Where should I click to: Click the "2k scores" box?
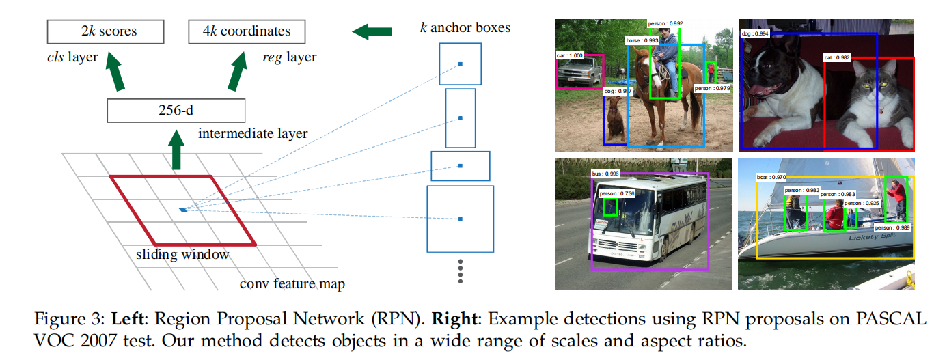point(105,31)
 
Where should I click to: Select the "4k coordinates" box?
point(247,31)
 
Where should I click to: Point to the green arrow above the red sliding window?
point(176,154)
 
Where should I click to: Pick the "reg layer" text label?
point(289,57)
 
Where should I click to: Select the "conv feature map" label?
point(292,283)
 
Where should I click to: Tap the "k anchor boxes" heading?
point(465,28)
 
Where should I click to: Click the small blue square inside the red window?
point(182,209)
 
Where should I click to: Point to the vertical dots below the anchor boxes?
point(461,271)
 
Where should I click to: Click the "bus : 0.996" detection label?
point(606,174)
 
